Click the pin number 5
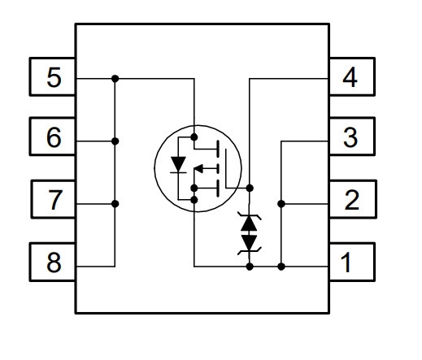click(54, 77)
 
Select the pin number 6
click(54, 137)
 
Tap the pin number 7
click(55, 200)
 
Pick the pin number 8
click(54, 262)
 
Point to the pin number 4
click(350, 77)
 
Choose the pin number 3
click(350, 137)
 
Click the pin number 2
click(351, 200)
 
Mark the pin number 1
click(346, 262)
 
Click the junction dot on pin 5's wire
click(115, 79)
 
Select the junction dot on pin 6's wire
click(115, 141)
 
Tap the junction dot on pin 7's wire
click(115, 204)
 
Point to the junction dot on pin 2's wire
click(281, 204)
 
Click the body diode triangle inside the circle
click(178, 164)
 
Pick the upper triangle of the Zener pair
click(249, 223)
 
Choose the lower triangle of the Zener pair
click(249, 242)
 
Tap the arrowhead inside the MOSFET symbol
click(199, 169)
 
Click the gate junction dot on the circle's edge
click(250, 188)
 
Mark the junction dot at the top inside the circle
click(194, 137)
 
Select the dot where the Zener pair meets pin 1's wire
click(250, 267)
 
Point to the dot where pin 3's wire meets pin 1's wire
click(281, 267)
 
